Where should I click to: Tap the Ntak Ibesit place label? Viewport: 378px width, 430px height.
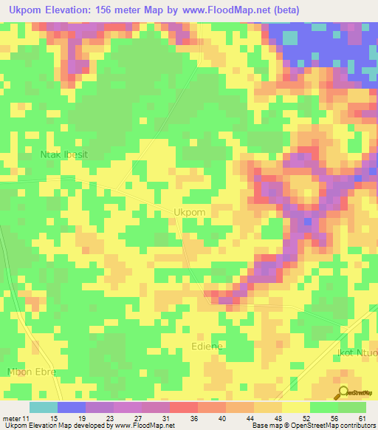[63, 155]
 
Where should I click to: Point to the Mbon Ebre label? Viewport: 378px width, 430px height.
[31, 372]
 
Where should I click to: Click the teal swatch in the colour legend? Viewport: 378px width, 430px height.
[43, 407]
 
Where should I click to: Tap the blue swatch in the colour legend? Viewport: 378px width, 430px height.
[71, 407]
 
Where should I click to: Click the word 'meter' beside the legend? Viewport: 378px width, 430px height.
[11, 418]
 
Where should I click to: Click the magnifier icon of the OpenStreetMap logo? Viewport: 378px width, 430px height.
[344, 393]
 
